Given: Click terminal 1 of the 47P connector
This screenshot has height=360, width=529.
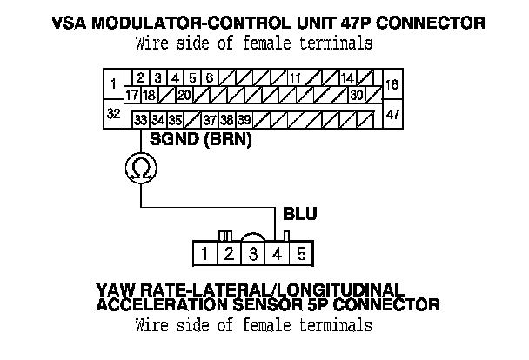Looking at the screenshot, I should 114,84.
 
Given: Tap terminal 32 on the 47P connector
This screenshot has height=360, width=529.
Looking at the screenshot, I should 114,114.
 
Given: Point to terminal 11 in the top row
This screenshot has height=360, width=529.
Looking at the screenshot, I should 296,77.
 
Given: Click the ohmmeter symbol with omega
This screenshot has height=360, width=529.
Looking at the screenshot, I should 140,168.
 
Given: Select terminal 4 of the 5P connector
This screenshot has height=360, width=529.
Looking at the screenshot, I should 277,254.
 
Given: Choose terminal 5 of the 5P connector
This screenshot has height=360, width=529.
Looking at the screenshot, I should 301,254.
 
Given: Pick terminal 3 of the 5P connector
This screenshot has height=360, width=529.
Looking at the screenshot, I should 252,254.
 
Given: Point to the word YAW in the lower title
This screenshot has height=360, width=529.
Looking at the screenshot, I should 118,289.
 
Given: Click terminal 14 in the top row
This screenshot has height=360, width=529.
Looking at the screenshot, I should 348,77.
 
